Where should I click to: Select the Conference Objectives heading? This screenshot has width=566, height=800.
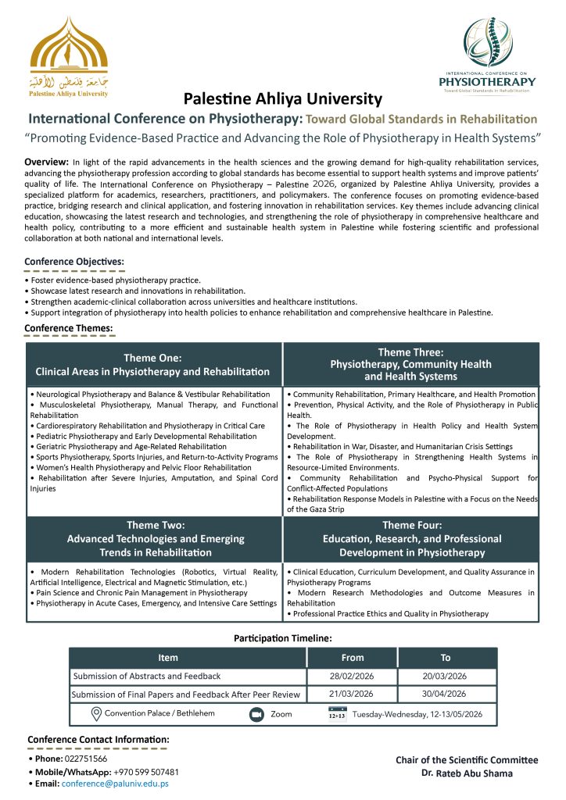[74, 262]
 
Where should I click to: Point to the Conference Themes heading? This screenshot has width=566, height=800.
[69, 327]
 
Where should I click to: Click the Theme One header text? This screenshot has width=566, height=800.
[152, 365]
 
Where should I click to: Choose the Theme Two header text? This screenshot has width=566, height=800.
[155, 538]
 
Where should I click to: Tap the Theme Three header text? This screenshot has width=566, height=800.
[410, 364]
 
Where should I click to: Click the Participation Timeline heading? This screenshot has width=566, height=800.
[282, 638]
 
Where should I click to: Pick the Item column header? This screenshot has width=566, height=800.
[168, 658]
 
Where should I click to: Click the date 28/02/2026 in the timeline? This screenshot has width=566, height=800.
[353, 676]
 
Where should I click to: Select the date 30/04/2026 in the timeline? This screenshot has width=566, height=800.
[445, 694]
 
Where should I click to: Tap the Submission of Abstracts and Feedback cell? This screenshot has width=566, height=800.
[147, 676]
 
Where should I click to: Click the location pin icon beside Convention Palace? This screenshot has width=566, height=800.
[97, 713]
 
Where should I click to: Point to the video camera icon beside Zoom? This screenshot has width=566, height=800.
[256, 714]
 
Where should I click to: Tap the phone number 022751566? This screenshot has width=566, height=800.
[91, 759]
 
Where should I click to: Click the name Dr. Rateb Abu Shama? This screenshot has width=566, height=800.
[466, 773]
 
